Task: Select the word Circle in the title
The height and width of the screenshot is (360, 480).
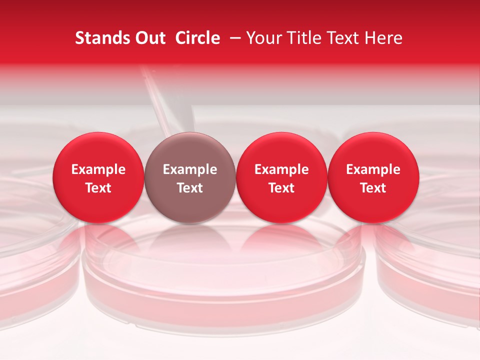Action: click(197, 38)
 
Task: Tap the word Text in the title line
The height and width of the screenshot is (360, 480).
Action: click(340, 38)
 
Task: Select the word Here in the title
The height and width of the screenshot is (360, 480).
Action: click(383, 38)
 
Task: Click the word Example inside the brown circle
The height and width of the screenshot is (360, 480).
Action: click(190, 169)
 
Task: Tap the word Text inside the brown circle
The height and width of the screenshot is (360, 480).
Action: click(190, 188)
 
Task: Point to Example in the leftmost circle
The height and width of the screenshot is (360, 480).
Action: click(98, 169)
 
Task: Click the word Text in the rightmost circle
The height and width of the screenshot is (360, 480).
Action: click(373, 188)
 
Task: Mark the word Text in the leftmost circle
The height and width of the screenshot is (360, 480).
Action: click(98, 188)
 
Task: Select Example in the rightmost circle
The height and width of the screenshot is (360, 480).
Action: click(373, 169)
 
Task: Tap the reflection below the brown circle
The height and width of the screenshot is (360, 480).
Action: click(190, 237)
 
